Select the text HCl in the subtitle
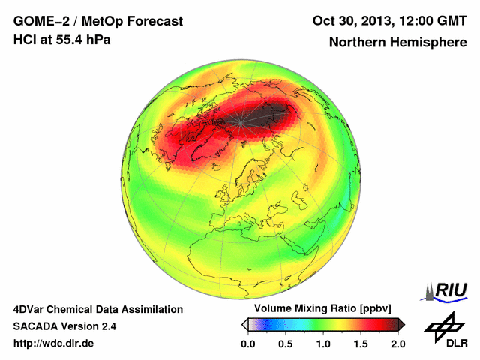(25, 40)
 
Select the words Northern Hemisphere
(397, 42)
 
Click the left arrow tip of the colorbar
(244, 324)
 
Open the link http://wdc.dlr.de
(54, 343)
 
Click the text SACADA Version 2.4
(64, 326)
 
